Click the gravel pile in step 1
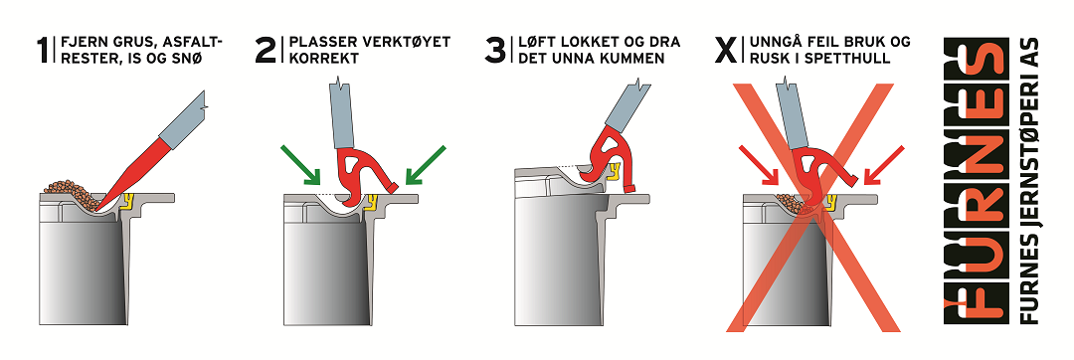[x=72, y=192]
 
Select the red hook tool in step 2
[x=360, y=173]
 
